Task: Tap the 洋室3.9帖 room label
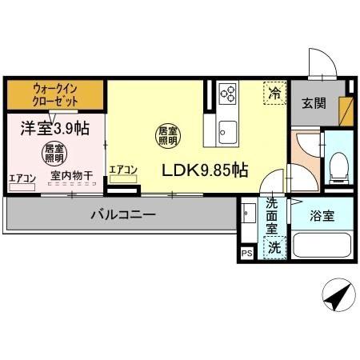tap(45, 126)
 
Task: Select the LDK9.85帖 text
tap(205, 170)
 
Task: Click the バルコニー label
tap(122, 214)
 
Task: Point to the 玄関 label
tap(313, 102)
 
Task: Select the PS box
tap(246, 254)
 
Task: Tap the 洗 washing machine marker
tap(274, 247)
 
